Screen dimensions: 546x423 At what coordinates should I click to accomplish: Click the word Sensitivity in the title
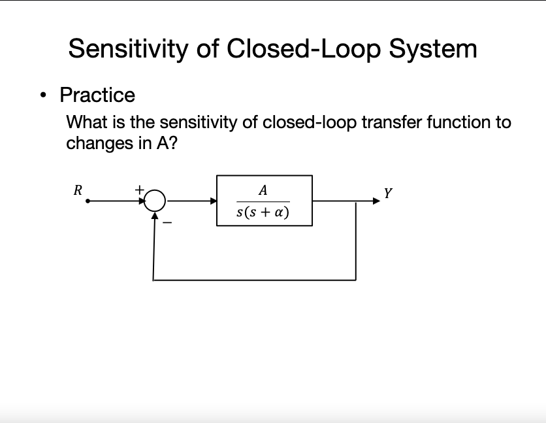(x=128, y=49)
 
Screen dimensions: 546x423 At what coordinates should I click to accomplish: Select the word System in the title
(x=433, y=49)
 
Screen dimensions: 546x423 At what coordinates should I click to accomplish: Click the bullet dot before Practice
(x=43, y=95)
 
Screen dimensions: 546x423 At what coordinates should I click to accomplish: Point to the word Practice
(x=97, y=95)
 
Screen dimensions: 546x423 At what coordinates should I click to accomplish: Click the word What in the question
(x=87, y=122)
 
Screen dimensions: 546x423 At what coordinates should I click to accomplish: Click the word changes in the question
(x=100, y=144)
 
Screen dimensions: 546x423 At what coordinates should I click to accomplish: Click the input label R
(x=78, y=190)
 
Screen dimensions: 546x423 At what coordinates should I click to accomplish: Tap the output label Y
(x=388, y=193)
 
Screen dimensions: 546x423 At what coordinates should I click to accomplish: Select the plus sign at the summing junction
(x=139, y=190)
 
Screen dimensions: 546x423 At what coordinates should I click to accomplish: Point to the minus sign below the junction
(x=167, y=222)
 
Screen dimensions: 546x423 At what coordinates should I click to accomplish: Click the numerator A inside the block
(x=263, y=190)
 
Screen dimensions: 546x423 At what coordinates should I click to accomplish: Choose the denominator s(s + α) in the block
(x=263, y=212)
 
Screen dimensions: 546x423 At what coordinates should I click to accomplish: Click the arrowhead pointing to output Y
(x=376, y=201)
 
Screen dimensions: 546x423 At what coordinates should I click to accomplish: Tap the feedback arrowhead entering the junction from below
(x=155, y=216)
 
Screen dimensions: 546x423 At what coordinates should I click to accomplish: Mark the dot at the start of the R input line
(x=88, y=201)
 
